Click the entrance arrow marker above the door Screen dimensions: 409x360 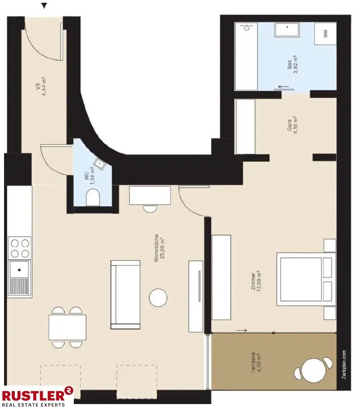pyautogui.click(x=44, y=6)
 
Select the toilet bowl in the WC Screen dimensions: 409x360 pyautogui.click(x=93, y=197)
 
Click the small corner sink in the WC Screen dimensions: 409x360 pyautogui.click(x=99, y=164)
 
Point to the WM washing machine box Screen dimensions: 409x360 pyautogui.click(x=325, y=34)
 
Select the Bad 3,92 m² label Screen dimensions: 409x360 pyautogui.click(x=292, y=65)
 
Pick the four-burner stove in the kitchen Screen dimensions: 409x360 pyautogui.click(x=20, y=248)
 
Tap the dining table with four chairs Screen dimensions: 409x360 pyautogui.click(x=67, y=327)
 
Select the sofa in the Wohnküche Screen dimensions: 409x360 pyautogui.click(x=125, y=294)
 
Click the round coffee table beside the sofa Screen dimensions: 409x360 pyautogui.click(x=158, y=297)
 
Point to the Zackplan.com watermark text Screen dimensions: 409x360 pyautogui.click(x=344, y=364)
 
